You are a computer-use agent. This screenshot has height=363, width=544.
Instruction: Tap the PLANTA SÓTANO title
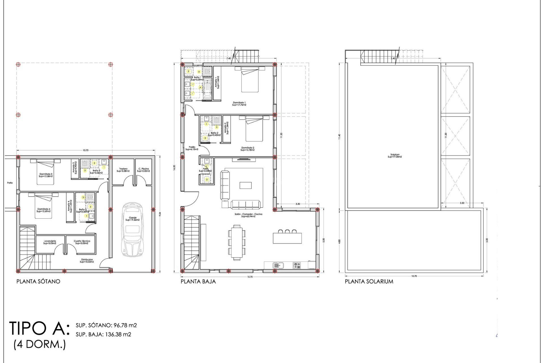38,282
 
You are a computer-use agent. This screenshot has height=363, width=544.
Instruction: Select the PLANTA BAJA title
198,282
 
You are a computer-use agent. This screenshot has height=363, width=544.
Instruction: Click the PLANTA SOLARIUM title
369,282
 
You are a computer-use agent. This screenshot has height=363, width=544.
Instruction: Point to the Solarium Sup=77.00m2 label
395,156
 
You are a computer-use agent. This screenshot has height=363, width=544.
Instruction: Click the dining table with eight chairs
237,242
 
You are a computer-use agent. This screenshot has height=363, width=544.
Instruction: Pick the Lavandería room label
50,242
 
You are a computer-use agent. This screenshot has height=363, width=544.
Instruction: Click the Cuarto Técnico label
82,242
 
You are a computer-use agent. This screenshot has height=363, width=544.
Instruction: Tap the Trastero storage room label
123,170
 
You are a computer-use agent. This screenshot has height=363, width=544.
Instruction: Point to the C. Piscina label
143,170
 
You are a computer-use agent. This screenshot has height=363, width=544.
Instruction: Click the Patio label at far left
10,183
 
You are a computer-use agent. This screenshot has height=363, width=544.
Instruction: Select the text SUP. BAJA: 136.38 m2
103,334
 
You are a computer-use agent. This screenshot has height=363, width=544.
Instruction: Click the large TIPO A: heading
39,328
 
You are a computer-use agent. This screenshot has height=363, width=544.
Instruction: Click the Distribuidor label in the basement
87,261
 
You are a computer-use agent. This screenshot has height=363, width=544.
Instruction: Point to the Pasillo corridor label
192,148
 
